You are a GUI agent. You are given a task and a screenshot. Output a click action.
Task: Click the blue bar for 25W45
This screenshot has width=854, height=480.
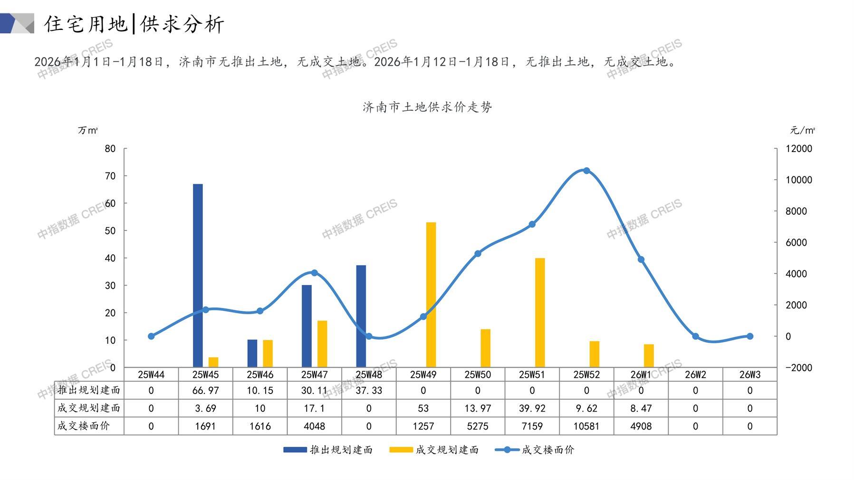[x=198, y=276]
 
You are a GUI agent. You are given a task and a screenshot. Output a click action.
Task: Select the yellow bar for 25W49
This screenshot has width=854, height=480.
[x=431, y=295]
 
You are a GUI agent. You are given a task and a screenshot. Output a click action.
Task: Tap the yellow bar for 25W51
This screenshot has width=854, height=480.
[x=540, y=312]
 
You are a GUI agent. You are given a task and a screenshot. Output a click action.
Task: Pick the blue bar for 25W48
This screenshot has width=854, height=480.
[x=361, y=316]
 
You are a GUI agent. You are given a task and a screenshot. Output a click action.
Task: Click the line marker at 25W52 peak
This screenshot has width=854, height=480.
[x=586, y=171]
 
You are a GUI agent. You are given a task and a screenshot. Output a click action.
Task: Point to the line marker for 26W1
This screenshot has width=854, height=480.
[x=641, y=259]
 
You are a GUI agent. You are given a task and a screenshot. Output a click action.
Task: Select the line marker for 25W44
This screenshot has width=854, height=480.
[x=151, y=336]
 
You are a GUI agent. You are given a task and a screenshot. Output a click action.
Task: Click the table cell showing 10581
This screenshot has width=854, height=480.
[x=586, y=426]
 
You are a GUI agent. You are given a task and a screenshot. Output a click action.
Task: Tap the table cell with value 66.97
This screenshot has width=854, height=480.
[x=205, y=391]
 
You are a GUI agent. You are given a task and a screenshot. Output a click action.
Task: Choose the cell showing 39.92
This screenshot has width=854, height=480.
[x=532, y=408]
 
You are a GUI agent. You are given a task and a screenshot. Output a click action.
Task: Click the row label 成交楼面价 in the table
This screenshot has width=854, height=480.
[x=84, y=426]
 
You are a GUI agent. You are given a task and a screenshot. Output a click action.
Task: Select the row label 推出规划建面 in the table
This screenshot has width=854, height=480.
[x=89, y=390]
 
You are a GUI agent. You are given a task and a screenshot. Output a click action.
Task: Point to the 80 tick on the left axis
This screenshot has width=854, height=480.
[x=110, y=149]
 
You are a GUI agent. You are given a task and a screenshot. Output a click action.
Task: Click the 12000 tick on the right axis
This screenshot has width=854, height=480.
[x=799, y=149]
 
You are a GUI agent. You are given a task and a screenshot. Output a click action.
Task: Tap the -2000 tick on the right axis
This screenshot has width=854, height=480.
[x=799, y=368]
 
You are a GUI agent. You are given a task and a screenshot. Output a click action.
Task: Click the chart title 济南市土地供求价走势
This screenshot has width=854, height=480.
[x=427, y=107]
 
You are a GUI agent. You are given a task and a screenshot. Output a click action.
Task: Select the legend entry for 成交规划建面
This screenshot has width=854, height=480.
[x=433, y=450]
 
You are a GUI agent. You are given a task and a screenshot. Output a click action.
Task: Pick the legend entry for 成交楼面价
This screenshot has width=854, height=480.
[x=535, y=450]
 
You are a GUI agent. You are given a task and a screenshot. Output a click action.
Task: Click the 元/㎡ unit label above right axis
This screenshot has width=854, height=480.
[x=802, y=130]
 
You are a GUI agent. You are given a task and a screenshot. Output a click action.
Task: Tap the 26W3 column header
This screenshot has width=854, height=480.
[x=749, y=374]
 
